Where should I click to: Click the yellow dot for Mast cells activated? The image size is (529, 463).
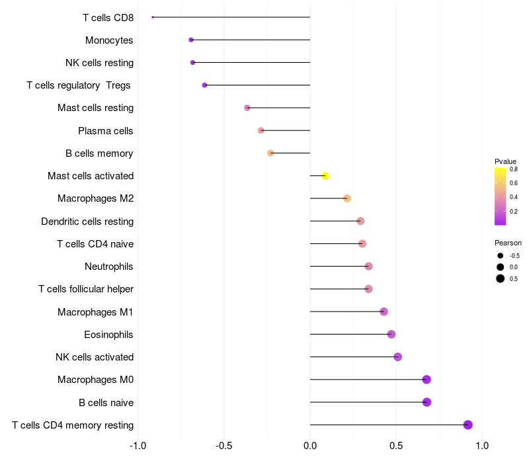(325, 176)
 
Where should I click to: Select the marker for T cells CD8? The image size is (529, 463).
(153, 17)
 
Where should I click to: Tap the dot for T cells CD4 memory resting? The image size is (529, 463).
(468, 425)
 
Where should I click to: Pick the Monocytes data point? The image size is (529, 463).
(191, 40)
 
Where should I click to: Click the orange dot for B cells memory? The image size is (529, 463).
(270, 153)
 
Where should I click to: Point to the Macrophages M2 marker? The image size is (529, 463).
(347, 198)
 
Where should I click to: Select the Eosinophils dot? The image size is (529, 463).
(391, 335)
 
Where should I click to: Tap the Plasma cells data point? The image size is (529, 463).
(261, 130)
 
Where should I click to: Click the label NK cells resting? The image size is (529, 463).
(100, 63)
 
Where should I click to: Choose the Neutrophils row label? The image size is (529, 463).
(108, 267)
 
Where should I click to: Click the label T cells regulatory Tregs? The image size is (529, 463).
(78, 85)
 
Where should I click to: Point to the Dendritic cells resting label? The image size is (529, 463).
(87, 222)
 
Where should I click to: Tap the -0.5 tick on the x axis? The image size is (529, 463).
(224, 446)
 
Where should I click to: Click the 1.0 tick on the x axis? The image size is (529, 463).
(482, 446)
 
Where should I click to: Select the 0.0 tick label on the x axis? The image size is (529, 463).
(310, 446)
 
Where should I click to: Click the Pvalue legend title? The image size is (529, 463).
(505, 161)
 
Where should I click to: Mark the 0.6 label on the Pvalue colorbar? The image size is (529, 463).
(514, 183)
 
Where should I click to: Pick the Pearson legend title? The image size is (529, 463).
(508, 243)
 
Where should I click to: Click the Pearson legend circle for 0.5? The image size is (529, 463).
(501, 278)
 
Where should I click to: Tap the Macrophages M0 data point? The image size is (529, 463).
(427, 380)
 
